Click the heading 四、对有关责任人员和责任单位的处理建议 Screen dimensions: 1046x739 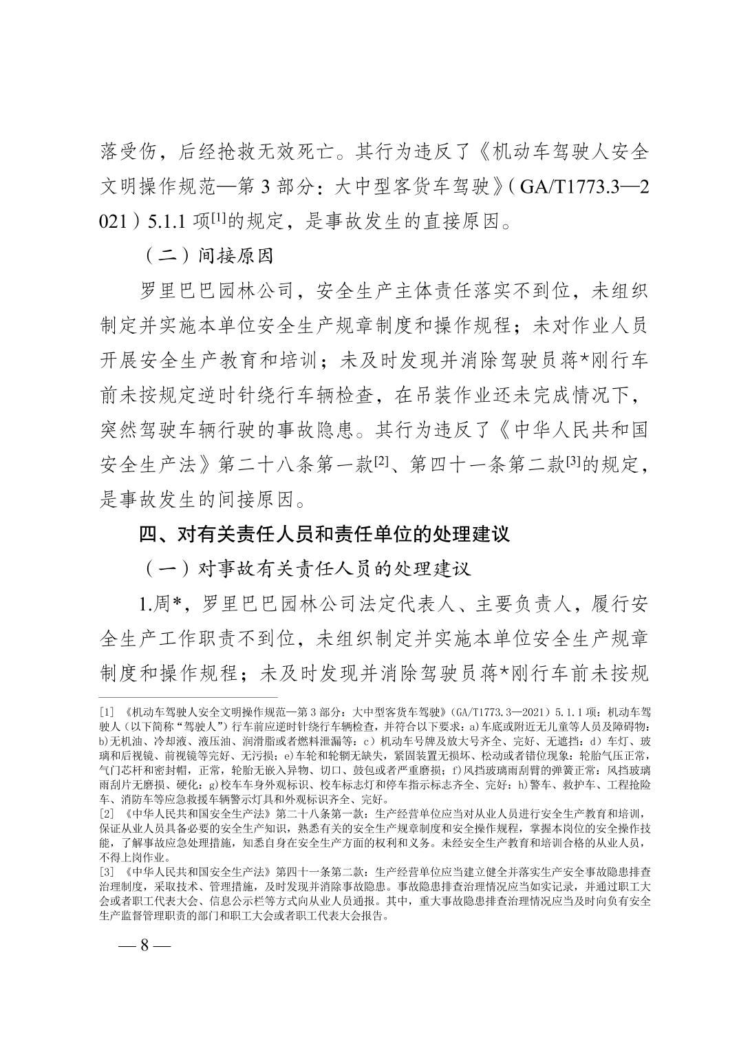coord(324,533)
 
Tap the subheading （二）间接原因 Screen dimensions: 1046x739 coord(208,255)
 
